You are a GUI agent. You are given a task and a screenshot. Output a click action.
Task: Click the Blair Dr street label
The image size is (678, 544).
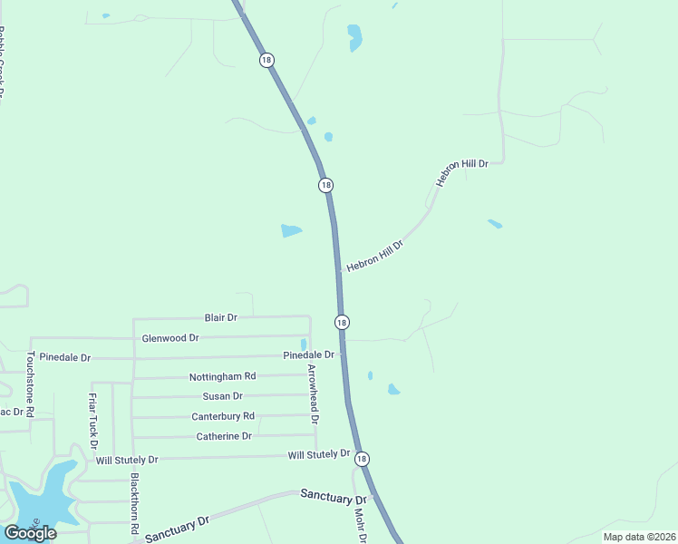[x=220, y=318]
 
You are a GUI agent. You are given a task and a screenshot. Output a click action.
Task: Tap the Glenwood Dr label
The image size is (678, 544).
[x=170, y=338]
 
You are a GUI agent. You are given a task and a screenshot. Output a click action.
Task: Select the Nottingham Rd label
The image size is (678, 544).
[x=222, y=376]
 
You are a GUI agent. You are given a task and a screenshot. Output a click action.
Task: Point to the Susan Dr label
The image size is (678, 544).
[x=222, y=396]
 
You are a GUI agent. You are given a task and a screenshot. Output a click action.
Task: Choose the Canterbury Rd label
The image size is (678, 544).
[x=223, y=416]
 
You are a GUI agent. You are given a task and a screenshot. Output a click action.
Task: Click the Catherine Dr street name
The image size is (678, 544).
[x=224, y=436]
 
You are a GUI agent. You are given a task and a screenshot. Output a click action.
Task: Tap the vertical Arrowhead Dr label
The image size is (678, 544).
[x=314, y=394]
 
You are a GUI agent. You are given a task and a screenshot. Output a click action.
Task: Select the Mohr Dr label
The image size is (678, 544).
[x=360, y=525]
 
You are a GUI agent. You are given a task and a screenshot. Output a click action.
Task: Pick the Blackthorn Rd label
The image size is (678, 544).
[x=135, y=502]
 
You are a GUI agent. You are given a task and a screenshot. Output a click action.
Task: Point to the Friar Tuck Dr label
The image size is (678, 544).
[x=92, y=419]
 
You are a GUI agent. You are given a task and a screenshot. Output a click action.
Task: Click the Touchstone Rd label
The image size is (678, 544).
[x=30, y=384]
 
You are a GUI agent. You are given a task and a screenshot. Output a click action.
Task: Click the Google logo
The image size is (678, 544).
[x=30, y=533]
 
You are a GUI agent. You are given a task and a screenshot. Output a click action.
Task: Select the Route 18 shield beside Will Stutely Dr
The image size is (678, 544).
[x=363, y=459]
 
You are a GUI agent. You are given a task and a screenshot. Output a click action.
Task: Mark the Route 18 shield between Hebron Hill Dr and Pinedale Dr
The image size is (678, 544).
[x=342, y=323]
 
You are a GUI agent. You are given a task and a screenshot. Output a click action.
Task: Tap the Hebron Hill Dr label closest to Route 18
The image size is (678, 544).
[x=374, y=255]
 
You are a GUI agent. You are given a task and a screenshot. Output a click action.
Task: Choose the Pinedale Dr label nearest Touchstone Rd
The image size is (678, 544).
[x=61, y=358]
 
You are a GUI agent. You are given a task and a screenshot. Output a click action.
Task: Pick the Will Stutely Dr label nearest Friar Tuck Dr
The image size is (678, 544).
[x=127, y=461]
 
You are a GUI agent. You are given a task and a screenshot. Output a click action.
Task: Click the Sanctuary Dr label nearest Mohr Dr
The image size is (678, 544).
[x=333, y=496]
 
